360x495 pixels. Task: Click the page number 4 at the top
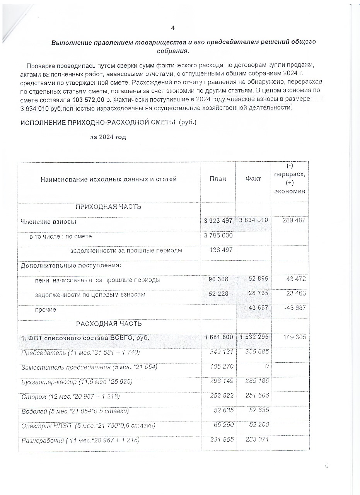[x=173, y=28]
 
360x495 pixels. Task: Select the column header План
[x=218, y=179]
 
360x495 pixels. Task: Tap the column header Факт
[x=253, y=179]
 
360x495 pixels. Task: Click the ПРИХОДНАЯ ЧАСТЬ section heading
[x=108, y=207]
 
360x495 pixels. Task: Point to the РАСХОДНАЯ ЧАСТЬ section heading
[x=109, y=323]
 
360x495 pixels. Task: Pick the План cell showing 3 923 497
[x=218, y=221]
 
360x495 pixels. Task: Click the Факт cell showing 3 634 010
[x=253, y=221]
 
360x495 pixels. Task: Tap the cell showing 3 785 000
[x=218, y=236]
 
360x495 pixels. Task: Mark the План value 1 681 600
[x=218, y=338]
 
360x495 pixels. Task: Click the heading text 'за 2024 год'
[x=108, y=137]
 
